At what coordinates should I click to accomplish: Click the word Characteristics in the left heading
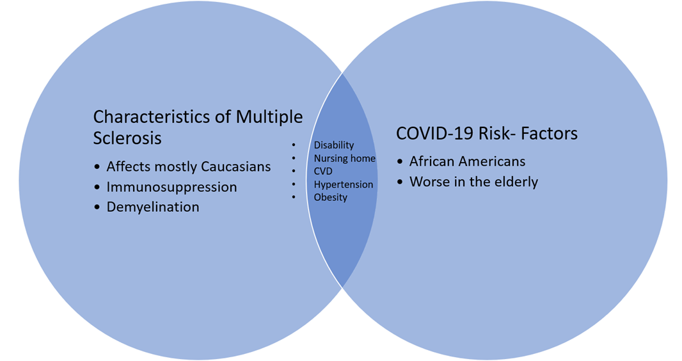[152, 117]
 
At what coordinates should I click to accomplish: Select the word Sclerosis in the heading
[127, 138]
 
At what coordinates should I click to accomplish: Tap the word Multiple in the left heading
[269, 118]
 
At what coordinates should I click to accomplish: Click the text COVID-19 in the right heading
[434, 134]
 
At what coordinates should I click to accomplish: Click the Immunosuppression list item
[172, 187]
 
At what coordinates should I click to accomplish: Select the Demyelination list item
[153, 207]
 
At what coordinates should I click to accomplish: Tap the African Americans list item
[468, 161]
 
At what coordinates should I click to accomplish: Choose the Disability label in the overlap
[334, 145]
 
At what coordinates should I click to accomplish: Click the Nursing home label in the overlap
[344, 158]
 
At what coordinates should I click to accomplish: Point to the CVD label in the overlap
[323, 172]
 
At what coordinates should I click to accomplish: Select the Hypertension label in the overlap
[344, 185]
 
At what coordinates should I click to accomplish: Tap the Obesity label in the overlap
[331, 198]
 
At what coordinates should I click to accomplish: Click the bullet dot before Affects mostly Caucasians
[97, 168]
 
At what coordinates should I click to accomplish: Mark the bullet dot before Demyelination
[97, 208]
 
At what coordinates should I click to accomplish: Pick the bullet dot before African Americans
[400, 162]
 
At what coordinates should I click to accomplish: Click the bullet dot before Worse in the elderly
[400, 182]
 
